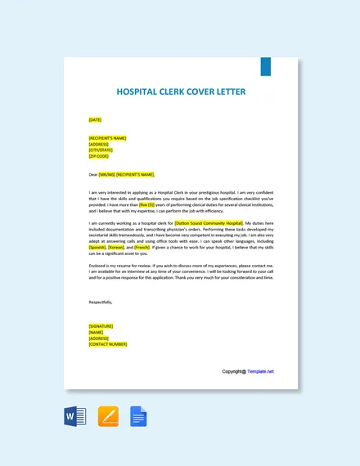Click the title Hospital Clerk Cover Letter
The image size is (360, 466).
coord(181,92)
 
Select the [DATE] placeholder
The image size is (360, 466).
coord(95,120)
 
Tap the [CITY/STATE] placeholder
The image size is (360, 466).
coord(101,150)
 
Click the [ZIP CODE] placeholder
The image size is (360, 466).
coord(98,155)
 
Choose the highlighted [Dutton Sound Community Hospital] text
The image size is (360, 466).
coord(209,222)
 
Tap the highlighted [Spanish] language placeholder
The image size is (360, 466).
coord(97,247)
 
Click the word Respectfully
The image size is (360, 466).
coord(101,302)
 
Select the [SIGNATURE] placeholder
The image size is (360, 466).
coord(101,326)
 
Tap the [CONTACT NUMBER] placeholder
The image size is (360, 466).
coord(107,344)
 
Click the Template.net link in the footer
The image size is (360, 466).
coord(260,371)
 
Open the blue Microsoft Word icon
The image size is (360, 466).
coord(74,418)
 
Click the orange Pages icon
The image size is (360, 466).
coord(108,418)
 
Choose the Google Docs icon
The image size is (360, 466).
coord(138,418)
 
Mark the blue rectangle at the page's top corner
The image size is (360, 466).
coord(265,66)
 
